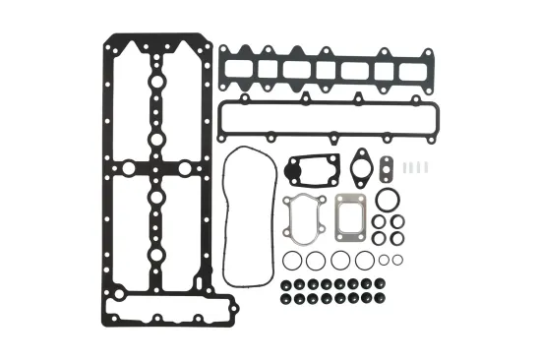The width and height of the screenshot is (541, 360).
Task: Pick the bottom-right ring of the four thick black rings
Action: click(396, 237)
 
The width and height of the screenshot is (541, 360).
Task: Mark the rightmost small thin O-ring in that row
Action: click(396, 259)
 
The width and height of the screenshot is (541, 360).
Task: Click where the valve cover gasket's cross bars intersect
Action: click(156, 168)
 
